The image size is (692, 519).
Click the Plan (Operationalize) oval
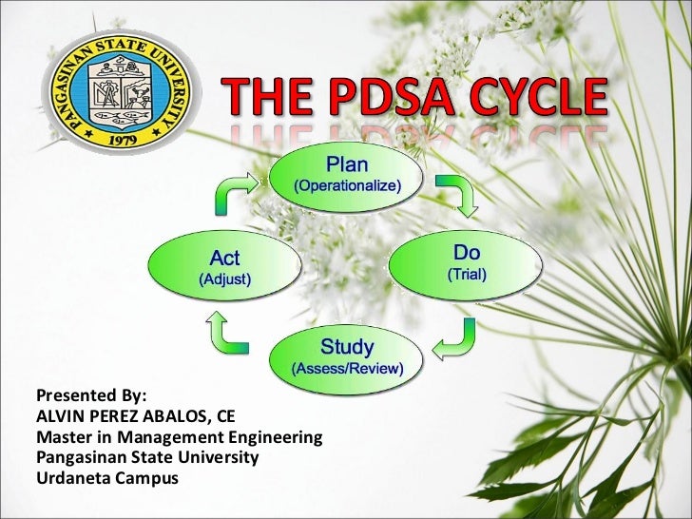pyautogui.click(x=345, y=175)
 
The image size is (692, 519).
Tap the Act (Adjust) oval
pyautogui.click(x=224, y=268)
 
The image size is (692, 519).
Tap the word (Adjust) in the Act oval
pyautogui.click(x=224, y=279)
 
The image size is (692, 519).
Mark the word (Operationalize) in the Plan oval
pyautogui.click(x=345, y=185)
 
